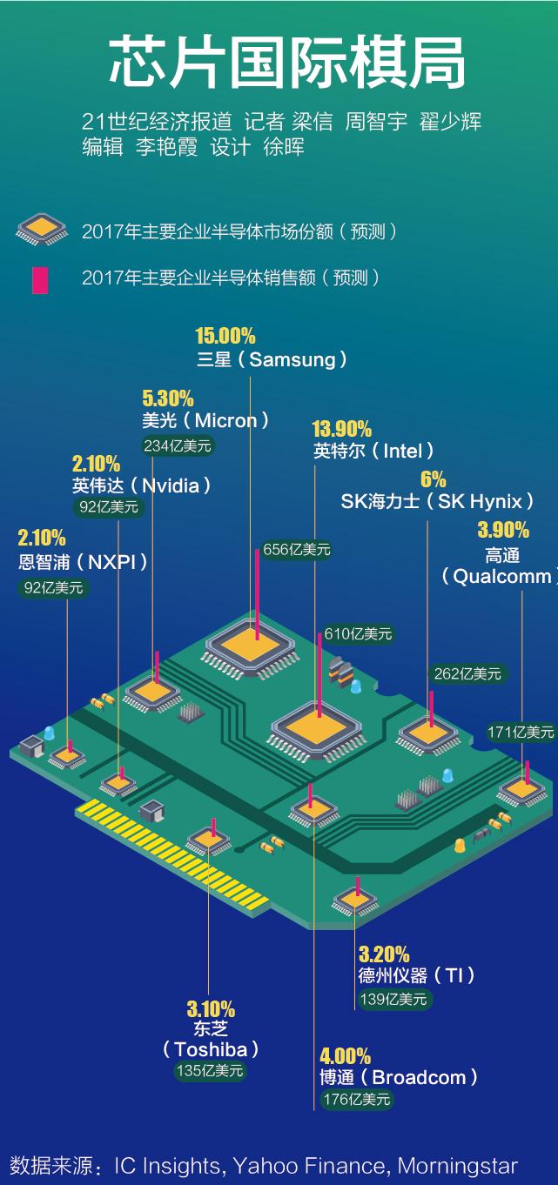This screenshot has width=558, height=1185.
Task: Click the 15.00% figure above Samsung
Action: pos(225,335)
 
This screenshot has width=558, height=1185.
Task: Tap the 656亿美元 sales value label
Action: pos(297,550)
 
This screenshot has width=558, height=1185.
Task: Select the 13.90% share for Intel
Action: pos(341,429)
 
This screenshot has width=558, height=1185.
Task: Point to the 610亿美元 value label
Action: pos(358,633)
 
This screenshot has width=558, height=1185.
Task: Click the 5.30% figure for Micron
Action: pos(168,398)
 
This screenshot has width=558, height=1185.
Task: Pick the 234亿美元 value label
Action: pos(178,445)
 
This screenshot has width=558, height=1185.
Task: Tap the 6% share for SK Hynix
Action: pos(433,479)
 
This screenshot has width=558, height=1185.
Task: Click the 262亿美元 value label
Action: pos(467,674)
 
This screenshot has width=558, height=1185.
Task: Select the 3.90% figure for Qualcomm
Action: pos(503,530)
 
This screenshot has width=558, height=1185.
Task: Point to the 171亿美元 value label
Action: pos(521,733)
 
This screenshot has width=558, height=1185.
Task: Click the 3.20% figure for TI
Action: pos(384,954)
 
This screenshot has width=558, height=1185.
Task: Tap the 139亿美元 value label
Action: pos(393,1000)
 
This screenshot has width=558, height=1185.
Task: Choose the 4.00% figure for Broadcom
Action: pos(345,1056)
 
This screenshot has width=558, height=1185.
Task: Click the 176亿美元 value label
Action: pos(357,1099)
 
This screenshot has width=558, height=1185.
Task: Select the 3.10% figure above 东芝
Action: pos(211,1009)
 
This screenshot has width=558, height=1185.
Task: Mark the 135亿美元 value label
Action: pos(210,1071)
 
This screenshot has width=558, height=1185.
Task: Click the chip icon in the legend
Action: pos(42,229)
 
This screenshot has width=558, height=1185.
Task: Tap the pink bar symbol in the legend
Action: pos(40,280)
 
